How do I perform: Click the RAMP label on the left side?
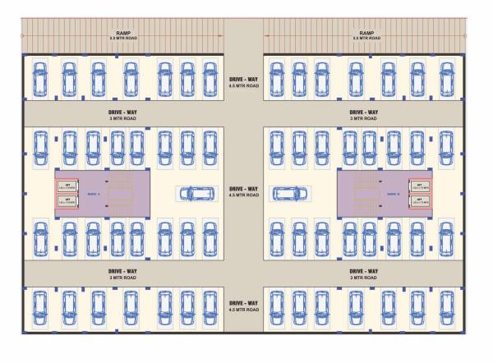click(x=123, y=35)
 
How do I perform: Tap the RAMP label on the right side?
click(x=366, y=35)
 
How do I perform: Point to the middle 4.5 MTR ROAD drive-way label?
click(x=244, y=191)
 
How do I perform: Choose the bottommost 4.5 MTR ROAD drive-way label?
click(x=244, y=306)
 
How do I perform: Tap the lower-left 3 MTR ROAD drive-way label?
click(x=123, y=273)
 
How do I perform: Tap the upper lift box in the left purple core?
click(x=67, y=186)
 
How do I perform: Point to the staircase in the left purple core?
click(x=121, y=194)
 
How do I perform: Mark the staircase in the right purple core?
click(x=367, y=194)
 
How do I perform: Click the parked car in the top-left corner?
click(x=39, y=77)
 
